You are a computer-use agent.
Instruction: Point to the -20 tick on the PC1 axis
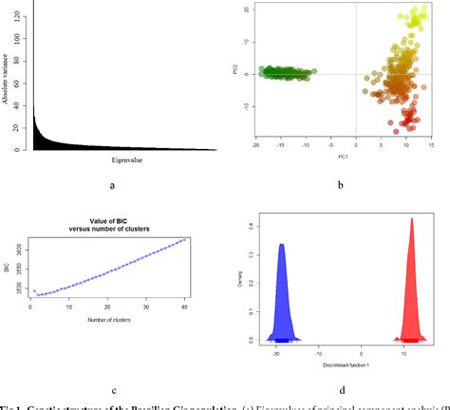[256, 144]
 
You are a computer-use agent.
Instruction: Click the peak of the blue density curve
[281, 245]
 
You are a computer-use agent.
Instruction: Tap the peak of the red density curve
[411, 219]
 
